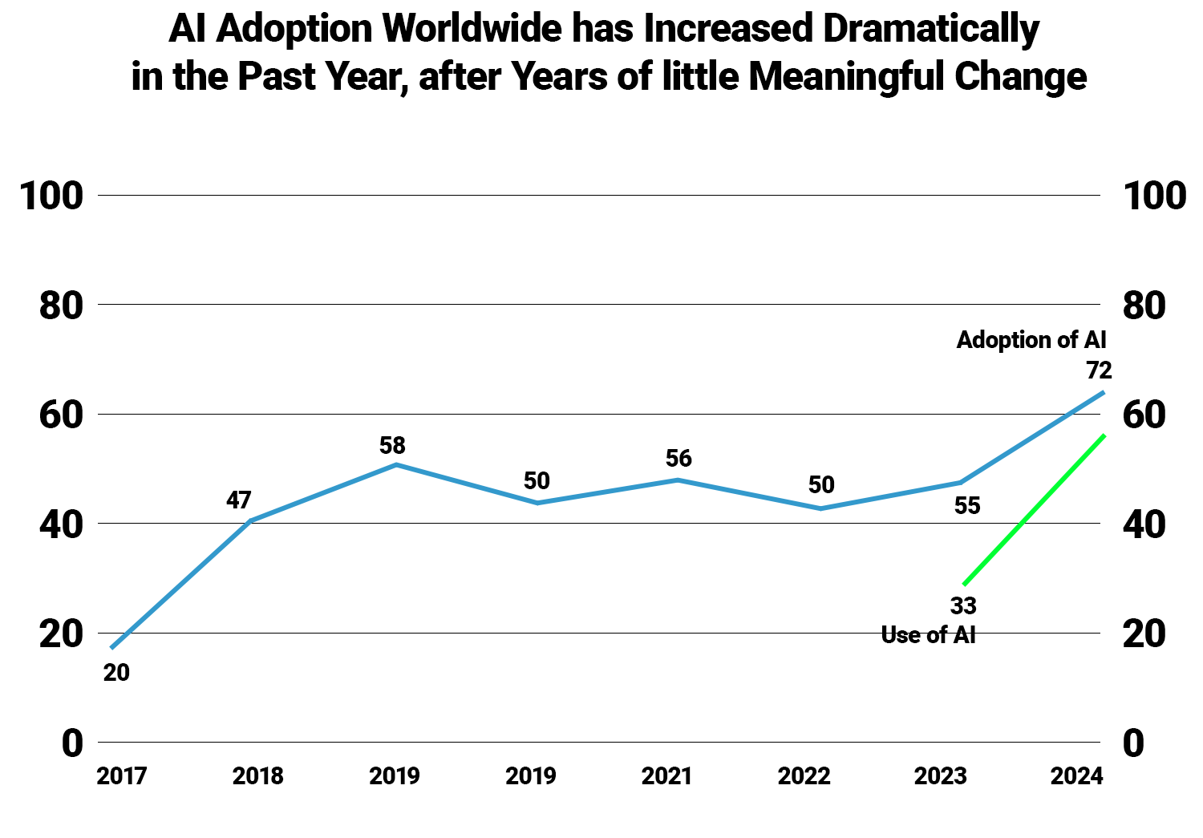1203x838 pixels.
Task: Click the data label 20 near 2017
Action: click(116, 673)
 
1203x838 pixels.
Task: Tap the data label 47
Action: click(239, 500)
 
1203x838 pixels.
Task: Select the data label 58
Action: click(393, 445)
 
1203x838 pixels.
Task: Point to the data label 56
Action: click(678, 459)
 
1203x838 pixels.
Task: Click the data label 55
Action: click(967, 506)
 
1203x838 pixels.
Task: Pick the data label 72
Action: click(1099, 370)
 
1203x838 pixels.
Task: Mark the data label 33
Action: click(963, 605)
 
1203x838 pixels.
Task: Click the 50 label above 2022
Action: click(821, 485)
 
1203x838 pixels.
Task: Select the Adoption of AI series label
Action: click(1031, 340)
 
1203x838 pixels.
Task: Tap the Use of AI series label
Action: click(928, 635)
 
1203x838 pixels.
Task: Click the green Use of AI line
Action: click(1035, 510)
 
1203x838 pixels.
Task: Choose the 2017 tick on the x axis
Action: click(122, 776)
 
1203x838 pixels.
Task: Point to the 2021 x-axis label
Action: click(667, 776)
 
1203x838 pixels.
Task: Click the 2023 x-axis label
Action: click(941, 776)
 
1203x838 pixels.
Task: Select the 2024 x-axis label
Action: click(1077, 776)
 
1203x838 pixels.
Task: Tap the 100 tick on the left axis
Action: click(51, 196)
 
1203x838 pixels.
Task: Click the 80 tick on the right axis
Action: click(1144, 306)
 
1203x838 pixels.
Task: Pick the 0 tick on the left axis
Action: click(72, 744)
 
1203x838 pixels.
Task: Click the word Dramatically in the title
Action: click(931, 30)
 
